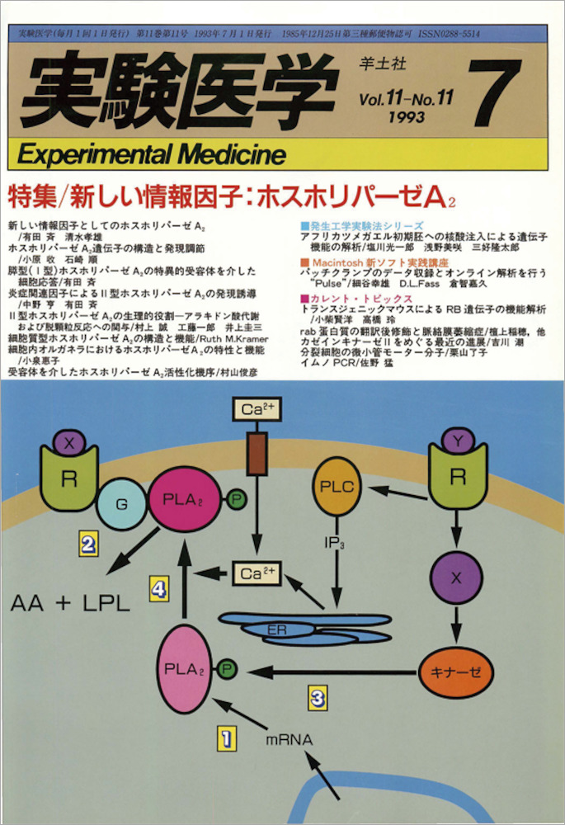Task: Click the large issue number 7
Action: tap(498, 93)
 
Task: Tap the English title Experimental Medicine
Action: tap(150, 154)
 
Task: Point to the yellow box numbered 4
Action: tap(160, 587)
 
